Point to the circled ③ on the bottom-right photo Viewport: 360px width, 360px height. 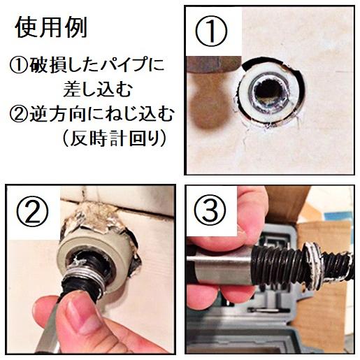210,210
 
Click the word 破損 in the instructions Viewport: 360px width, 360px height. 43,67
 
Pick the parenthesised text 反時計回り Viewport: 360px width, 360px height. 114,138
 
